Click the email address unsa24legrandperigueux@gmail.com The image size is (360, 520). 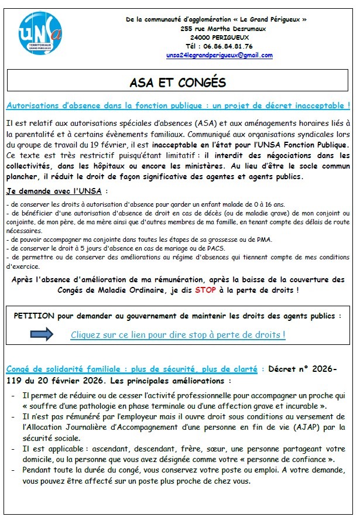220,56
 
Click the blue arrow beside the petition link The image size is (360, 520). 42,334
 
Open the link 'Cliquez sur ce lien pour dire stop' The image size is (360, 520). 178,335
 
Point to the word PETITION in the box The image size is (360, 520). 34,316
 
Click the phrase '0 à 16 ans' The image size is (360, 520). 265,204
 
